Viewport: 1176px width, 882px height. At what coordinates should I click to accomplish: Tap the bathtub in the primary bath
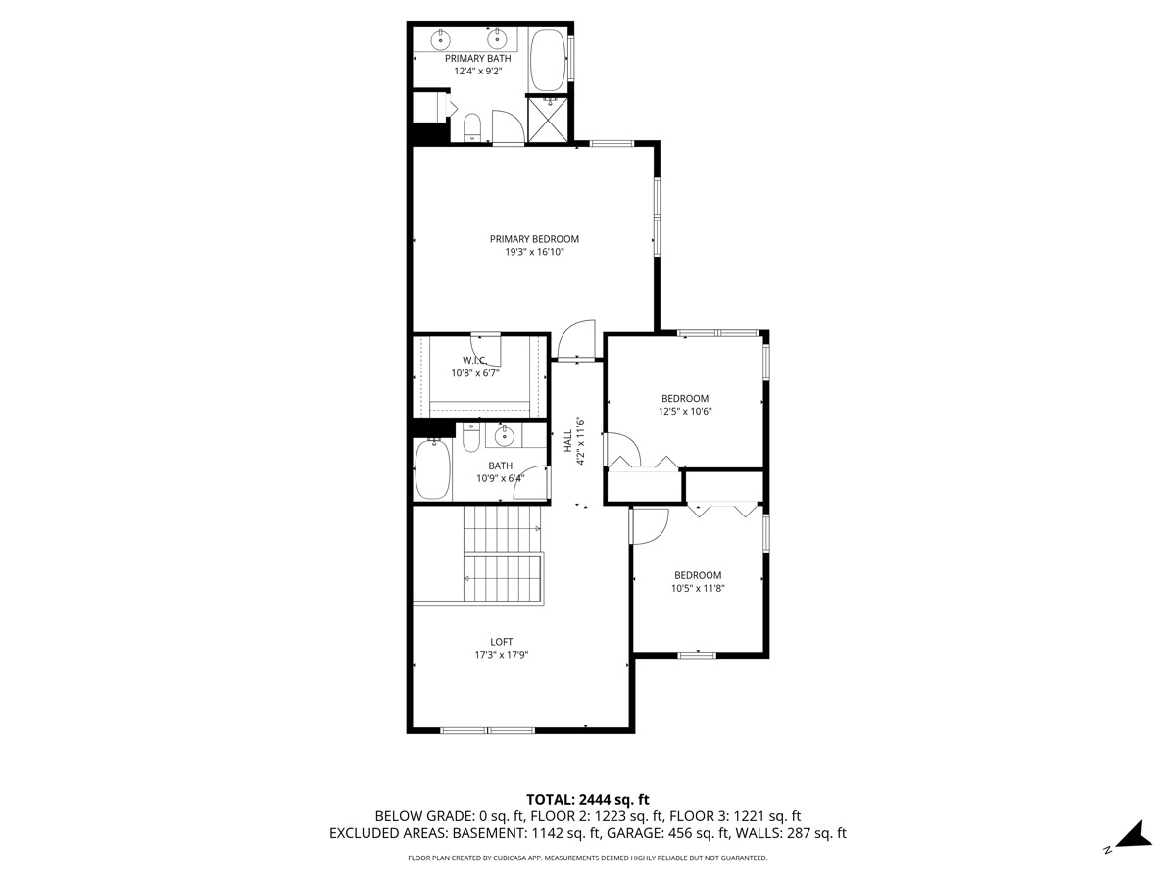[x=547, y=60]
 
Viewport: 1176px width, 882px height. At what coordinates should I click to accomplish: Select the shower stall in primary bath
[x=549, y=118]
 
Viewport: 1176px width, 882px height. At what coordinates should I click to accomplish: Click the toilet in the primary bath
[x=472, y=126]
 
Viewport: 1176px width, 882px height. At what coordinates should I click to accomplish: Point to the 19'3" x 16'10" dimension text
[x=534, y=252]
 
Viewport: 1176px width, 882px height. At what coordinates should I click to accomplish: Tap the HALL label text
[x=567, y=441]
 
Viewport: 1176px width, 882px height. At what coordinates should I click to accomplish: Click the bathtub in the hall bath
[x=432, y=469]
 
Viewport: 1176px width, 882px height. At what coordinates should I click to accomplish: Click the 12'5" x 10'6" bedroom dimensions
[x=684, y=411]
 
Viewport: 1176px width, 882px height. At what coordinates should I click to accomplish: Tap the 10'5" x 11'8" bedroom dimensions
[x=698, y=588]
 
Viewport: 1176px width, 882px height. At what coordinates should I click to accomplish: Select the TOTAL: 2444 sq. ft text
[x=588, y=799]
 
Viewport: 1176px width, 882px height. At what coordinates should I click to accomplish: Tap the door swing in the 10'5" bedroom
[x=648, y=526]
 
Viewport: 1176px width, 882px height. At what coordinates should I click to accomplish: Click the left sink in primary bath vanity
[x=442, y=39]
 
